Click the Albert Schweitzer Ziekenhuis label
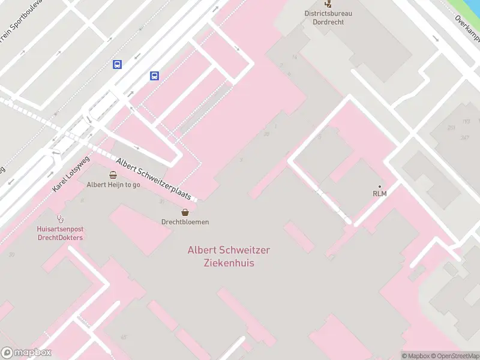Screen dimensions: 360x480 tap(229, 256)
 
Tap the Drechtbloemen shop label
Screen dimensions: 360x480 tap(185, 222)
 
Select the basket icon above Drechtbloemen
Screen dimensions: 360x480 tap(185, 212)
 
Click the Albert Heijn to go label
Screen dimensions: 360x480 tap(113, 185)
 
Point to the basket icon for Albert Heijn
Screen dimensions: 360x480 tap(113, 175)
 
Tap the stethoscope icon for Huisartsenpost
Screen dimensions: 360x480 tap(59, 218)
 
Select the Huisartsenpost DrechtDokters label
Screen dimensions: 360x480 tap(59, 233)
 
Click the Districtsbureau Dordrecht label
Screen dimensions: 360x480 tap(328, 17)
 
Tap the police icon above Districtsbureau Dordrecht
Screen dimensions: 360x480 tap(328, 3)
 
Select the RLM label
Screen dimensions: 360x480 tap(379, 193)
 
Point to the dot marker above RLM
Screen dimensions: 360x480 tap(379, 186)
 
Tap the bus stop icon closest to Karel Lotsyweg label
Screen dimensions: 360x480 tap(118, 65)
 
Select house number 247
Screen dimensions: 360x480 tap(464, 137)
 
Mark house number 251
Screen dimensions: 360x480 tap(451, 127)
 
